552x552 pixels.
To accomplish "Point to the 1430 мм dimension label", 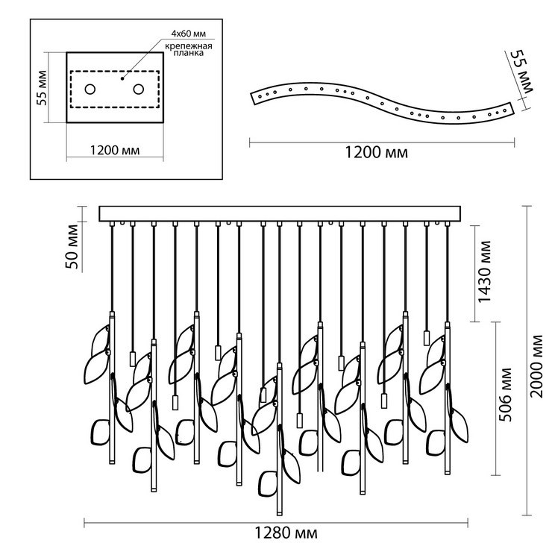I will click(x=485, y=273).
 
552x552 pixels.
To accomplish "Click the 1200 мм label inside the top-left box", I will click(x=115, y=148).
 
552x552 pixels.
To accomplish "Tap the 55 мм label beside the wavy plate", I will click(x=518, y=72).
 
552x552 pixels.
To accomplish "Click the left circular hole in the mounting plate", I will click(x=90, y=90).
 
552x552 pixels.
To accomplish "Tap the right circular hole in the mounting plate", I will click(x=139, y=90).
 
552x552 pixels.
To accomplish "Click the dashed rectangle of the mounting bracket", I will click(x=115, y=72).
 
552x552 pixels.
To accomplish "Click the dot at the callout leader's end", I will click(x=123, y=75).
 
